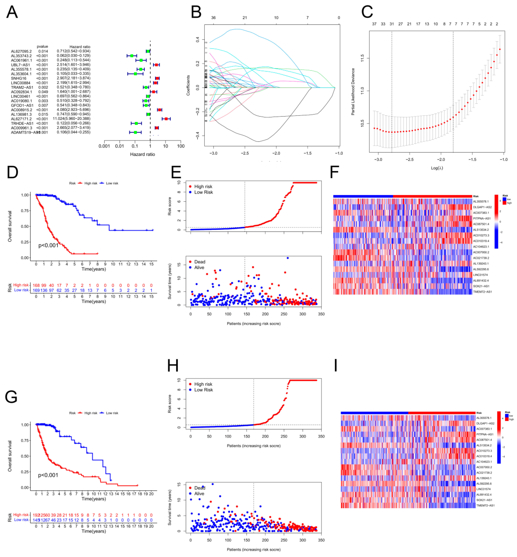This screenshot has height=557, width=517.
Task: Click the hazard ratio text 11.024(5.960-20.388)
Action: point(72,119)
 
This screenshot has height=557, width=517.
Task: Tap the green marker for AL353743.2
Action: point(132,56)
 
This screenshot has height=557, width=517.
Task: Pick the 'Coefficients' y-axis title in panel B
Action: point(188,85)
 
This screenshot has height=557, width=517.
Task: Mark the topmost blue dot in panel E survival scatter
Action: point(288,258)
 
